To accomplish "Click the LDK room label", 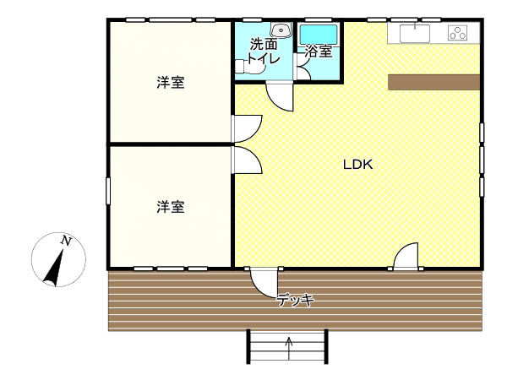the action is point(357,165).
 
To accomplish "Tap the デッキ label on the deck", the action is point(295,300).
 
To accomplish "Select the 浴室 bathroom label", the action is point(319,51).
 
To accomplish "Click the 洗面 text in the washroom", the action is point(264,44).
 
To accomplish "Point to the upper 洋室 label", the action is point(171,83).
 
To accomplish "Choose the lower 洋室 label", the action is point(171,207).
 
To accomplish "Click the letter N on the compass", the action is point(66,241).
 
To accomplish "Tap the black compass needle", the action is point(54,269).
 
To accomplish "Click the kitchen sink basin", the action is point(415,33).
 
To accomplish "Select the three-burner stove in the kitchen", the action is point(457,33).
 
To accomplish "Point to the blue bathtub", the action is point(319,35).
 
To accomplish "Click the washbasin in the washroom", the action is point(281,30).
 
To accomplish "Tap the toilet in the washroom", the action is point(249,67).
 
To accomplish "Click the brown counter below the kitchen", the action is point(434,82).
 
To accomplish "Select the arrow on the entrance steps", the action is point(289,349).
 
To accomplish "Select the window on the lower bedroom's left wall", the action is point(108,191).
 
